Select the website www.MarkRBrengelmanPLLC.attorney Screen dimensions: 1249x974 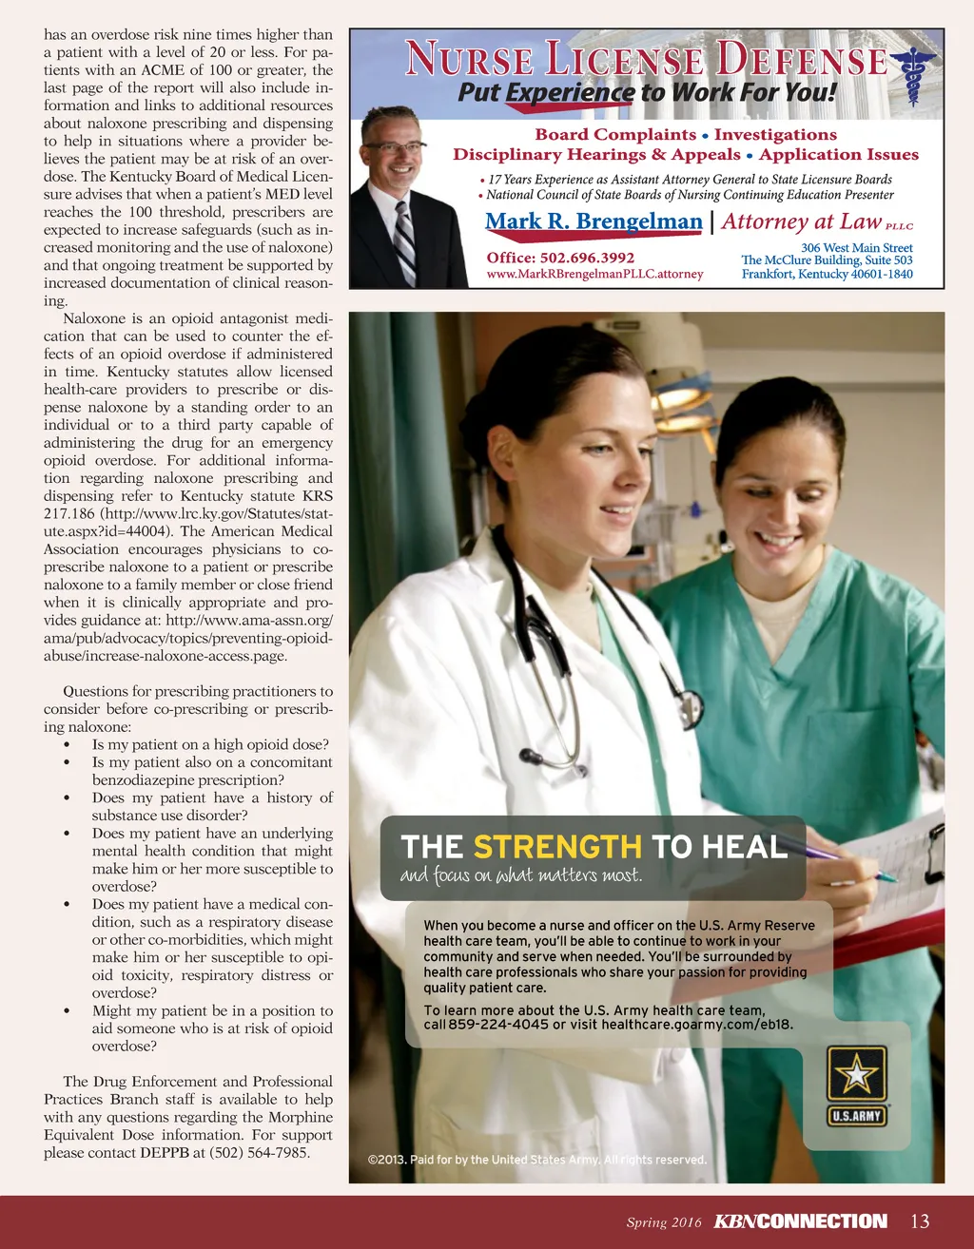(x=594, y=274)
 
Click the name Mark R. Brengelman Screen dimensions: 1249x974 (x=594, y=222)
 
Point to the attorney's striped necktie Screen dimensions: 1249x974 (x=405, y=241)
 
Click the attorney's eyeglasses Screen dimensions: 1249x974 (x=393, y=147)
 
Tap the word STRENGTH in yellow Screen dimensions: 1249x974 (x=557, y=847)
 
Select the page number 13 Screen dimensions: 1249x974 (x=920, y=1221)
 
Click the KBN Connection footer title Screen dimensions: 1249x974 (x=800, y=1221)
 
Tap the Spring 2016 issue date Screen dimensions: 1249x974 (x=663, y=1222)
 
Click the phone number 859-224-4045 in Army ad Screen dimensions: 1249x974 (x=498, y=1025)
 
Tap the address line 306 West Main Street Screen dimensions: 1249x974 (x=856, y=247)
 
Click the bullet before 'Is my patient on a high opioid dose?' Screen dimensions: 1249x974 (x=67, y=745)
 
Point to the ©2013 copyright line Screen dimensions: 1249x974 (x=536, y=1160)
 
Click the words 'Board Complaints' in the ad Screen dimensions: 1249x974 (x=615, y=135)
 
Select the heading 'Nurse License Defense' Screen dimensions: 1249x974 (x=646, y=59)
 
